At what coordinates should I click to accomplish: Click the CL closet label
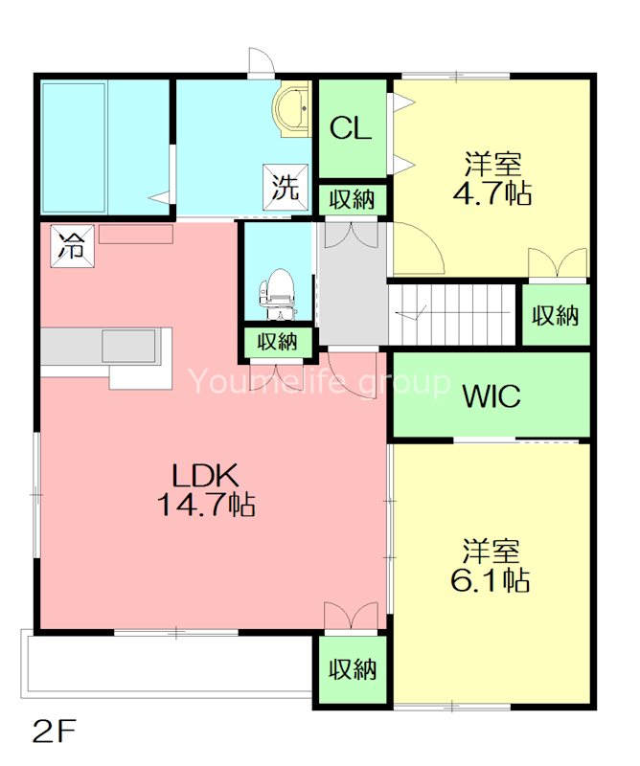pyautogui.click(x=351, y=128)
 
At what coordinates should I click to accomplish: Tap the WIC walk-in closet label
pyautogui.click(x=491, y=395)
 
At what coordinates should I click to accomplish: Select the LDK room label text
pyautogui.click(x=206, y=474)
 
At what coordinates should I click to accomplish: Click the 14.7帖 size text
pyautogui.click(x=206, y=505)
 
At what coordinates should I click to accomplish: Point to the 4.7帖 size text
pyautogui.click(x=492, y=193)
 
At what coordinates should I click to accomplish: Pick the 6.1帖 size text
pyautogui.click(x=490, y=580)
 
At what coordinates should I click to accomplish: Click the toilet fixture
pyautogui.click(x=277, y=294)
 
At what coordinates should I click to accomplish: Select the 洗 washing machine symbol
pyautogui.click(x=286, y=187)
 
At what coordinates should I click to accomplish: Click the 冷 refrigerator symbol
pyautogui.click(x=72, y=246)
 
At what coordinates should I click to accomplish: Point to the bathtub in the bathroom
pyautogui.click(x=74, y=147)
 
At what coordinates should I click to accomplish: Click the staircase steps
pyautogui.click(x=452, y=315)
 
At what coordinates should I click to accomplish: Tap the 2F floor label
pyautogui.click(x=54, y=731)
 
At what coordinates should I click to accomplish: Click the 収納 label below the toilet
pyautogui.click(x=278, y=341)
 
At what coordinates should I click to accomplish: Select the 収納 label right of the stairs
pyautogui.click(x=556, y=315)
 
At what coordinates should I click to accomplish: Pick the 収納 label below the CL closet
pyautogui.click(x=352, y=199)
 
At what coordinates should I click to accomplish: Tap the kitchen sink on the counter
pyautogui.click(x=129, y=346)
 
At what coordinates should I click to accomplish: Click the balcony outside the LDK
pyautogui.click(x=167, y=665)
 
